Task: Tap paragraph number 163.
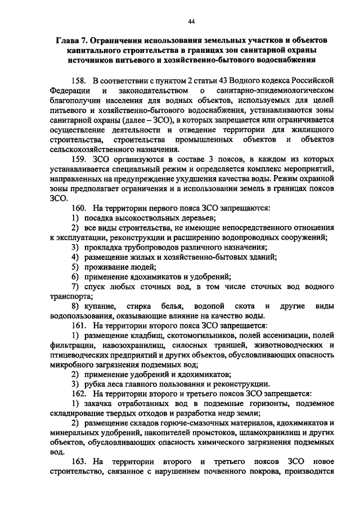pyautogui.click(x=79, y=462)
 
